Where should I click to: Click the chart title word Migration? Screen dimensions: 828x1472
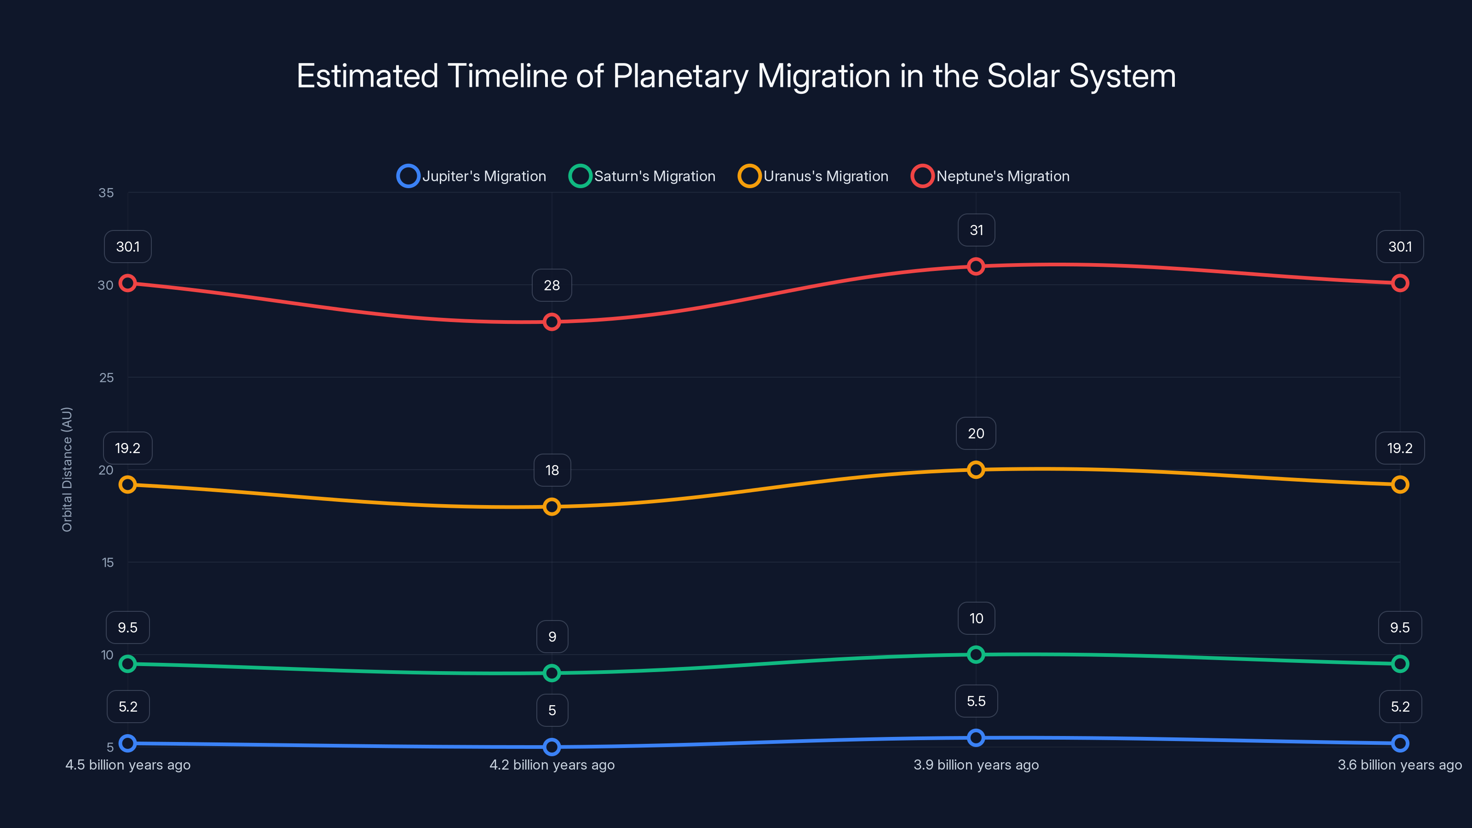point(823,76)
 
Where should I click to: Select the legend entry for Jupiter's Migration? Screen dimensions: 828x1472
point(471,176)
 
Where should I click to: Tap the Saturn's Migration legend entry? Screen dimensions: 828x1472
point(642,176)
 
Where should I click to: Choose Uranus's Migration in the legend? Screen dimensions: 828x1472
point(813,176)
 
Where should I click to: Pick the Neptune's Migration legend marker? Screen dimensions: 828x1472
point(922,176)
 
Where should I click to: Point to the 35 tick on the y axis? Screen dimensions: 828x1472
point(106,193)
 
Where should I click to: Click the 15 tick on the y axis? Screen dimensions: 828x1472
point(108,562)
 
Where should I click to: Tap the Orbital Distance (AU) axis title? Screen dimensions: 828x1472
point(67,469)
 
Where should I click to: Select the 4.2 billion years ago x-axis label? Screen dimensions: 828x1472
point(552,765)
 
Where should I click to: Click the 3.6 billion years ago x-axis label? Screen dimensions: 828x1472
point(1399,765)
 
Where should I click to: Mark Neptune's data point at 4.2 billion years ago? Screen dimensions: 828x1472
point(552,322)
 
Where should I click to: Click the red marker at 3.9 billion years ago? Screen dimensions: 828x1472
point(976,266)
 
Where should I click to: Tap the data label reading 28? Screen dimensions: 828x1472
point(552,285)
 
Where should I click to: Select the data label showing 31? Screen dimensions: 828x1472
point(976,230)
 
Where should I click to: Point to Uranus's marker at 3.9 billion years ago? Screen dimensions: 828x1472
point(976,470)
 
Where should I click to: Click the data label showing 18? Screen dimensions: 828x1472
point(552,470)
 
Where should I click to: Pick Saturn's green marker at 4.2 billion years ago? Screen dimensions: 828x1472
point(552,673)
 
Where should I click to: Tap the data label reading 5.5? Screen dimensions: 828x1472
point(976,701)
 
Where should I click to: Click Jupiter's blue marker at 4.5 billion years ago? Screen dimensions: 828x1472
point(128,743)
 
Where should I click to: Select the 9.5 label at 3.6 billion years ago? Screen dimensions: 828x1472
point(1399,627)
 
